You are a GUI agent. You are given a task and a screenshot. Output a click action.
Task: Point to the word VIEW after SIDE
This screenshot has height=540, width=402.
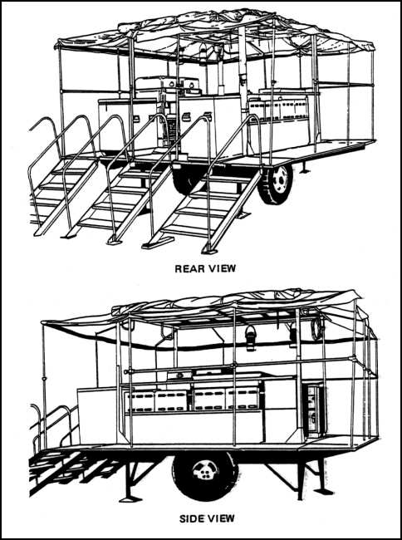coord(222,518)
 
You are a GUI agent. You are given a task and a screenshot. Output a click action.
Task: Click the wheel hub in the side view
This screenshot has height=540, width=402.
coord(205,470)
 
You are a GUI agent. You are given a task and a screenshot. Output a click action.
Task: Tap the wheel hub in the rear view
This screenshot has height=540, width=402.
coord(281,180)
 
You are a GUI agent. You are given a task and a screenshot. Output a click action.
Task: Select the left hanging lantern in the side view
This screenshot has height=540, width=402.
coord(250,338)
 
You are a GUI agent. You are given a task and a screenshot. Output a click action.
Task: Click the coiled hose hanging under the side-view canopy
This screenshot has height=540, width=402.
coord(317,328)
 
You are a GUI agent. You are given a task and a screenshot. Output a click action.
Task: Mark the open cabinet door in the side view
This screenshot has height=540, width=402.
coord(314,410)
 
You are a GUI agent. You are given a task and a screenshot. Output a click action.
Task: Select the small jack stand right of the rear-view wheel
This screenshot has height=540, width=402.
coord(304,168)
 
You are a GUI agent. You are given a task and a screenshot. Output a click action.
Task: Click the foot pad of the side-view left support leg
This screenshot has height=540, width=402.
coord(130,498)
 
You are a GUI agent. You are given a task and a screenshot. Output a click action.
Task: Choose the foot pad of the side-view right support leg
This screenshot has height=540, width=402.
coord(323,492)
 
